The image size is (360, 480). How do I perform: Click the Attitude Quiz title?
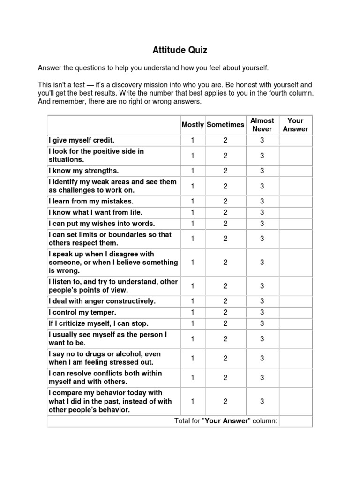pos(180,50)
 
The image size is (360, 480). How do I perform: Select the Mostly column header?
pos(193,125)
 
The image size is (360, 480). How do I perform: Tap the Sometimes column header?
pos(225,125)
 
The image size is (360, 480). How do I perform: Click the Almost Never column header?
pos(262,125)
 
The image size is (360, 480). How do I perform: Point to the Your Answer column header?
pos(295,125)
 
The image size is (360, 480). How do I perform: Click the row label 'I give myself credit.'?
pos(82,140)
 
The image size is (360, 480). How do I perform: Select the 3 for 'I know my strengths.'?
pos(262,171)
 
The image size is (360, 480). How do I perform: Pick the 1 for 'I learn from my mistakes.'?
pos(193,201)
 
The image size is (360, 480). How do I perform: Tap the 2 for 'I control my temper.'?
pos(225,312)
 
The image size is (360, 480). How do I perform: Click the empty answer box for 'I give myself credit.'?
pos(295,140)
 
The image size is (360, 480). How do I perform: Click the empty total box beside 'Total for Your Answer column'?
pos(295,421)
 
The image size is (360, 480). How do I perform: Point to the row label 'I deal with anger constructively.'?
pos(102,301)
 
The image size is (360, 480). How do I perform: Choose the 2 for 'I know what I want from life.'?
pos(225,212)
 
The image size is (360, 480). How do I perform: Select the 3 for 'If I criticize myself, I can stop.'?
pos(262,323)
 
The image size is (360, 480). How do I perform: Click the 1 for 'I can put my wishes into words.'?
pos(193,224)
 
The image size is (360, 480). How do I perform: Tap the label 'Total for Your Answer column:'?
pos(226,421)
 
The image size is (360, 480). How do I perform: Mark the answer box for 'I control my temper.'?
pos(295,312)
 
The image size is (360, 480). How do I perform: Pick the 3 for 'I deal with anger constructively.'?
pos(262,301)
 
